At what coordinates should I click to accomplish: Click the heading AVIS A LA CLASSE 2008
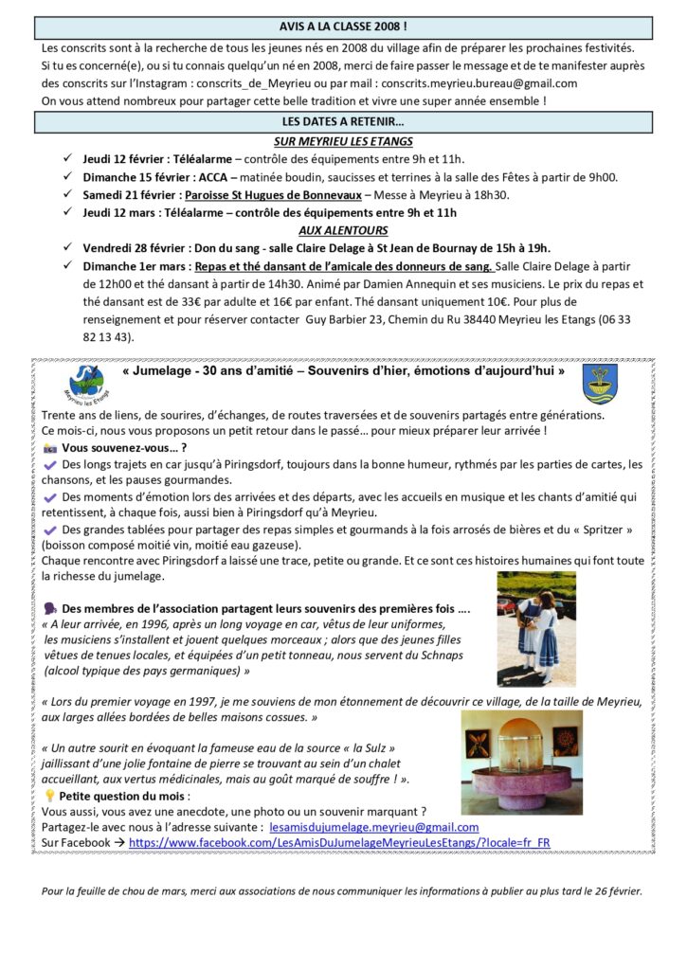[343, 27]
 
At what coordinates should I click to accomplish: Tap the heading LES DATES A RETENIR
[343, 122]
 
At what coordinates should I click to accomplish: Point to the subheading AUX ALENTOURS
[342, 230]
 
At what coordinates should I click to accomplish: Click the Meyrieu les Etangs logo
[86, 382]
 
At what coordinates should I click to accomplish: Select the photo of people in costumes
[535, 628]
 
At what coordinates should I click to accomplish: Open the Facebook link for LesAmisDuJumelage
[339, 842]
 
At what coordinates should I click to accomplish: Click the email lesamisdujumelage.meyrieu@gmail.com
[374, 827]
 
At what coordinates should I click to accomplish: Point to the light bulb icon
[50, 797]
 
